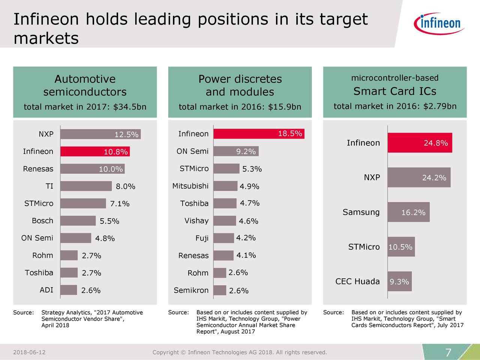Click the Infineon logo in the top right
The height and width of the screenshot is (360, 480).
[439, 23]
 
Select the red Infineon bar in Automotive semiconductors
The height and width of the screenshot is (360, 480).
[94, 151]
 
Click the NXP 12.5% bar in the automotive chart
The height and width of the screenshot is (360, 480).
[100, 134]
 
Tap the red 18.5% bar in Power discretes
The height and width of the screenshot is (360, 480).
[259, 134]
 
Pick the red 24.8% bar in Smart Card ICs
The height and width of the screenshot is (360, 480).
[420, 143]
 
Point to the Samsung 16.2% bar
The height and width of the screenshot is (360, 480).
[408, 212]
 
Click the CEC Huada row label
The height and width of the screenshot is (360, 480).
[357, 282]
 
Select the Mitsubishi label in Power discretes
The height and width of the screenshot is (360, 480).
[190, 186]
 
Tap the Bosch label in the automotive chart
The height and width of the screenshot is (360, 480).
[42, 221]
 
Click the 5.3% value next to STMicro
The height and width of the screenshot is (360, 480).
[252, 169]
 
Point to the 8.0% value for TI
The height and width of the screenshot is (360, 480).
[125, 187]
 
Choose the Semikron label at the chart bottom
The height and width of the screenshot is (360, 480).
[191, 290]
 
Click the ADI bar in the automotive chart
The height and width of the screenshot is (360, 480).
[69, 290]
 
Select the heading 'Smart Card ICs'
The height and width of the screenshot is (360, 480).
[394, 91]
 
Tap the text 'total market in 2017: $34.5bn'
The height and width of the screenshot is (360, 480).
[85, 107]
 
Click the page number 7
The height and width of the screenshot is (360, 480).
[448, 353]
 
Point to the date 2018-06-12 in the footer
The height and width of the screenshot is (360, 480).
[29, 352]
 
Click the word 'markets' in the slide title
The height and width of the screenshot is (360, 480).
[46, 38]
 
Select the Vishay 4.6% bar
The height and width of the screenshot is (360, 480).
[225, 221]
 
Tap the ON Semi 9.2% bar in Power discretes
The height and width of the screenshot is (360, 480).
[236, 151]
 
